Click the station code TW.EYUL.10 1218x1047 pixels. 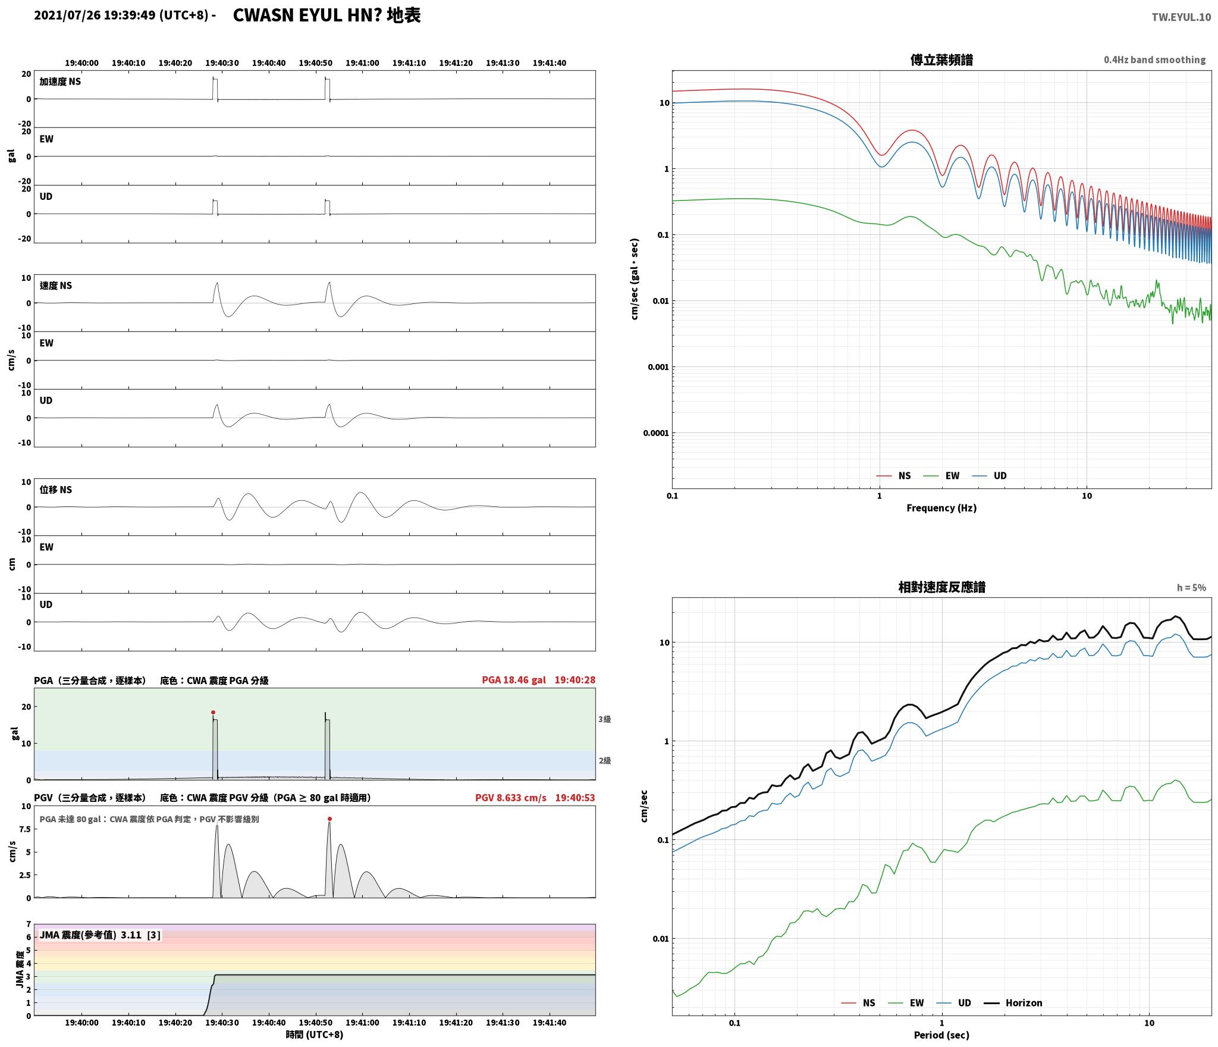click(x=1181, y=17)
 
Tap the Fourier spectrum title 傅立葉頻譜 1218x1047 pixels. click(x=941, y=60)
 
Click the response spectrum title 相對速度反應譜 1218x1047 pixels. click(x=941, y=587)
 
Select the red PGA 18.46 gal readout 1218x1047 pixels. click(x=514, y=680)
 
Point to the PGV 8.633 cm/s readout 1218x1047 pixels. click(x=511, y=798)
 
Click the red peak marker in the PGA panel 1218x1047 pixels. click(x=213, y=712)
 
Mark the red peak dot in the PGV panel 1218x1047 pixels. click(x=329, y=819)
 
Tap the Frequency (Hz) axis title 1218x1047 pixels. click(x=941, y=508)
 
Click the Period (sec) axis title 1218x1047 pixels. click(x=941, y=1035)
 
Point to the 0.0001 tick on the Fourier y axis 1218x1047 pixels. click(x=656, y=433)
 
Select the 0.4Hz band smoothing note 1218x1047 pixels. click(x=1155, y=60)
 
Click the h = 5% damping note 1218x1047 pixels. click(x=1191, y=588)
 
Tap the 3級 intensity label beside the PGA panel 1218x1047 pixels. click(x=604, y=719)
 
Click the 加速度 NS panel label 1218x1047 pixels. click(x=60, y=81)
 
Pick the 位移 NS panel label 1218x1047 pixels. click(x=56, y=490)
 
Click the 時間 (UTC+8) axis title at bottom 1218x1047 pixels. click(x=315, y=1035)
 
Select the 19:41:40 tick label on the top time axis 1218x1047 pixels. click(x=550, y=63)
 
